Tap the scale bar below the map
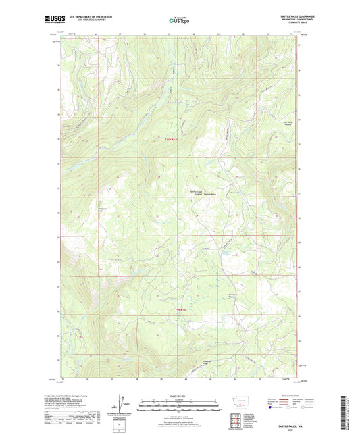coord(178,406)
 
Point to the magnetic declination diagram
coord(124,405)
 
